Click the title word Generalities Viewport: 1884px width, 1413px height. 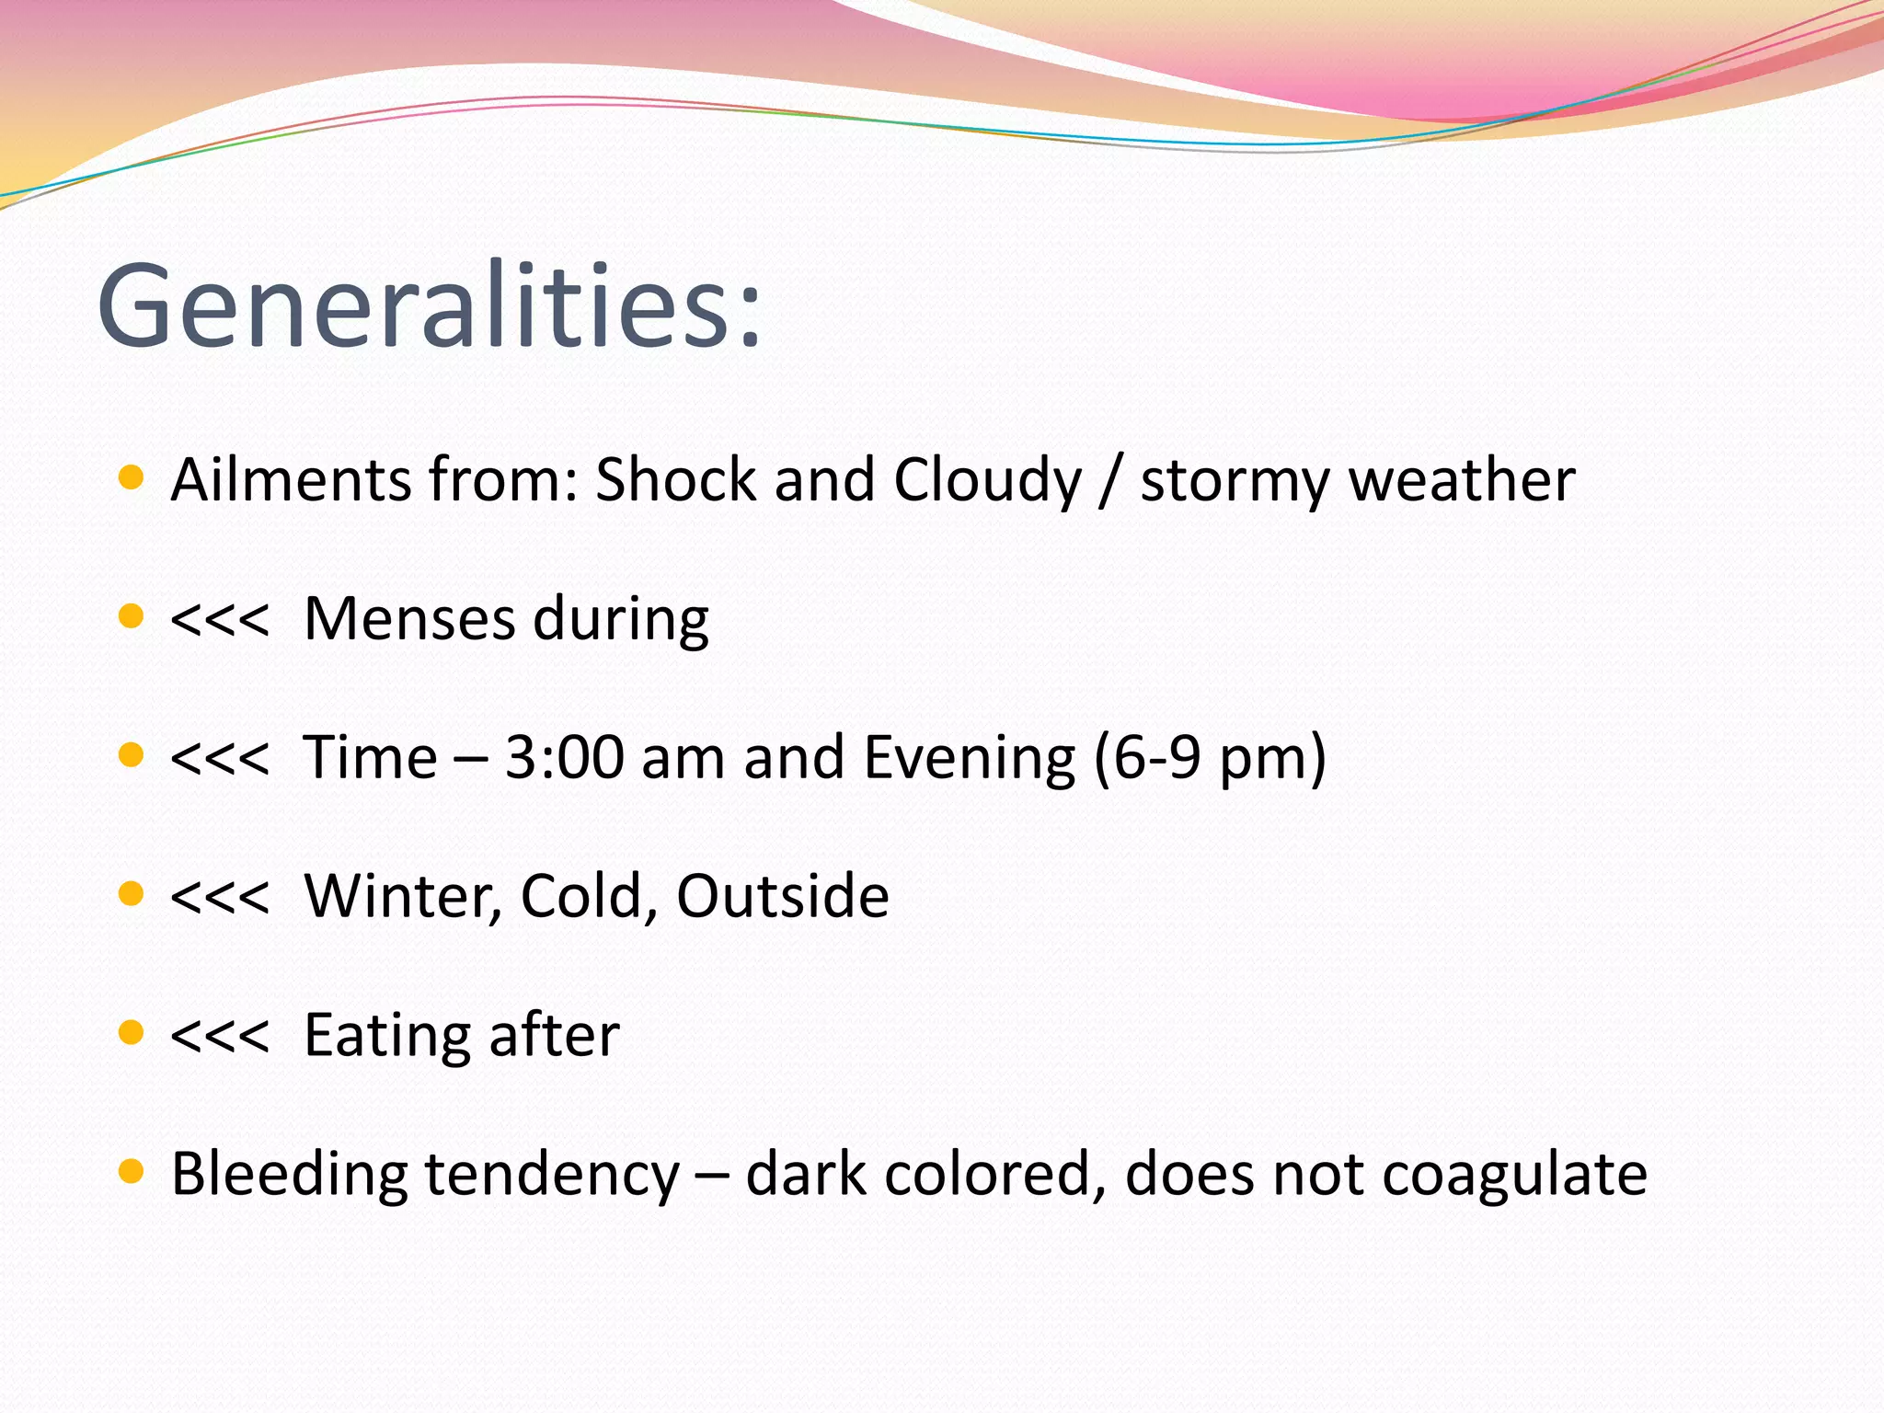pos(429,305)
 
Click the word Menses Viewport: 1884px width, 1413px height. pos(409,618)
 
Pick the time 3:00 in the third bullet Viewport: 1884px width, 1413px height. pos(564,758)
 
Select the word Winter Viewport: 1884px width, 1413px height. pos(403,897)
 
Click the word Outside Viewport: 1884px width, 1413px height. pos(782,896)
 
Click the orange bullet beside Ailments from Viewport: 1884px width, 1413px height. pos(132,477)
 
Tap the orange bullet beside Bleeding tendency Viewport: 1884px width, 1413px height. pos(132,1171)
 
